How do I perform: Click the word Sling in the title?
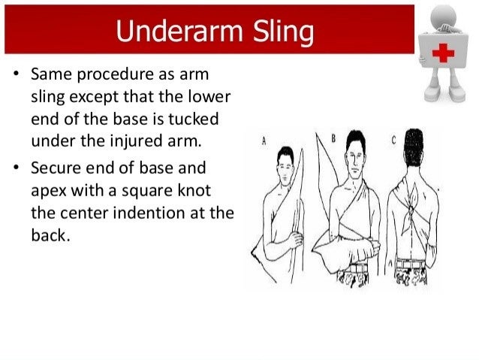(x=279, y=32)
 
